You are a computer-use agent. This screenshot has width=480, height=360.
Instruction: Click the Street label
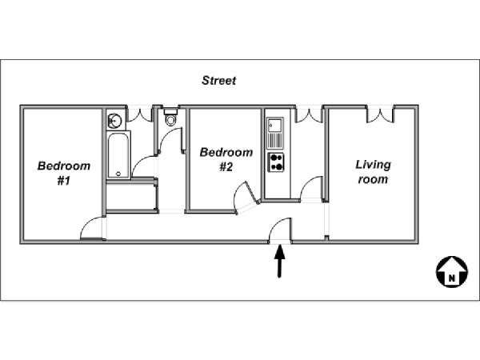click(219, 81)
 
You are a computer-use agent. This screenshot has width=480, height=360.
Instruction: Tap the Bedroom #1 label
click(64, 173)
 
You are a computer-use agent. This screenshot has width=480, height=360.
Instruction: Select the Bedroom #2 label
click(226, 159)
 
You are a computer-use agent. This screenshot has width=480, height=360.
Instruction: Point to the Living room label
click(373, 172)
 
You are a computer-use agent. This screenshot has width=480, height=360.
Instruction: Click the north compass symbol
click(452, 272)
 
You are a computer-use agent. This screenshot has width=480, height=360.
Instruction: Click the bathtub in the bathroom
click(118, 155)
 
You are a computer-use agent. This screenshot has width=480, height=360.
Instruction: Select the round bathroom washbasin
click(114, 121)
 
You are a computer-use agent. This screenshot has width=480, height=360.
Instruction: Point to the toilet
click(171, 117)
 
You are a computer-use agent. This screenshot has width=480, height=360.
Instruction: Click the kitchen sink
click(275, 132)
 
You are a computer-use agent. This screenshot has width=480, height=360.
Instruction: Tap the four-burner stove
click(276, 162)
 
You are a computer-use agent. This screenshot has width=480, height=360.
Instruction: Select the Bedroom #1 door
click(91, 228)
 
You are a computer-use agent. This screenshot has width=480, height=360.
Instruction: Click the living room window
click(380, 114)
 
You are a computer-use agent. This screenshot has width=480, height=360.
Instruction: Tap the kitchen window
click(309, 114)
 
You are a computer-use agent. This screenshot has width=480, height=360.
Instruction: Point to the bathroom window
click(139, 114)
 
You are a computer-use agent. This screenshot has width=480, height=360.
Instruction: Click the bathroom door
click(145, 166)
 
